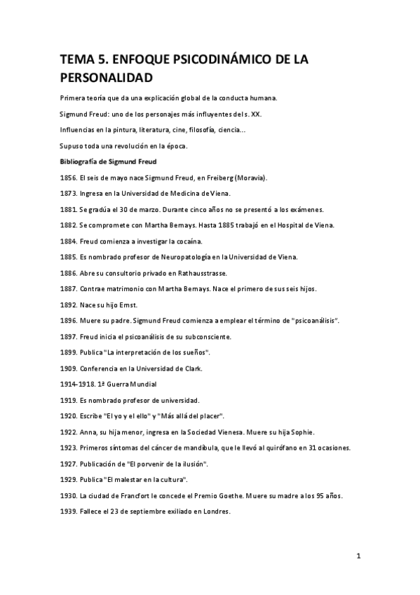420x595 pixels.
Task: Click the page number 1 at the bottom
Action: [x=358, y=556]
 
